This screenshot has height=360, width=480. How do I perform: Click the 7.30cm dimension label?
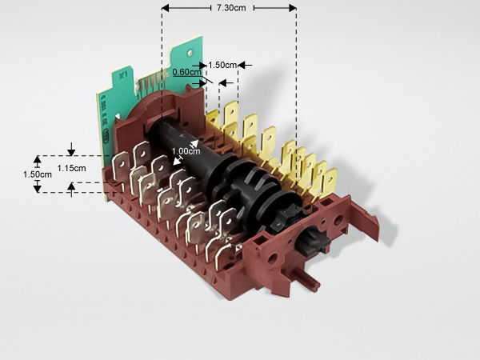pos(231,8)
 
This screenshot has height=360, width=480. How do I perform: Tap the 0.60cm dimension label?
pos(186,72)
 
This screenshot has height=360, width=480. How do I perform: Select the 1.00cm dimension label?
pos(186,151)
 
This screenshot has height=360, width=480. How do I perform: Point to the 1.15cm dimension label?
pos(71,168)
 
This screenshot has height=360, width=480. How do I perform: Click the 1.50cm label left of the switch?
pos(38,174)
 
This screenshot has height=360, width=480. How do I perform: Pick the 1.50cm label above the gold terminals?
pos(222,65)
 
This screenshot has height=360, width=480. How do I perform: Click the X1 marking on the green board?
pos(123,75)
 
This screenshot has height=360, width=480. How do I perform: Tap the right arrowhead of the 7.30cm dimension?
pos(292,8)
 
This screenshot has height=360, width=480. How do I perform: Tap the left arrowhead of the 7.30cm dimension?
pos(166,8)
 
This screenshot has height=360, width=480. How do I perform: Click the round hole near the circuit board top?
pos(190,52)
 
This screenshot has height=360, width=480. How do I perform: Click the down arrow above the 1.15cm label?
pos(71,149)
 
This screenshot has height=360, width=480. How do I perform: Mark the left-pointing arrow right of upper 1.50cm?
pos(245,65)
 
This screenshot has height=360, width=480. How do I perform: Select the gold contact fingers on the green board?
pos(152,82)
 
